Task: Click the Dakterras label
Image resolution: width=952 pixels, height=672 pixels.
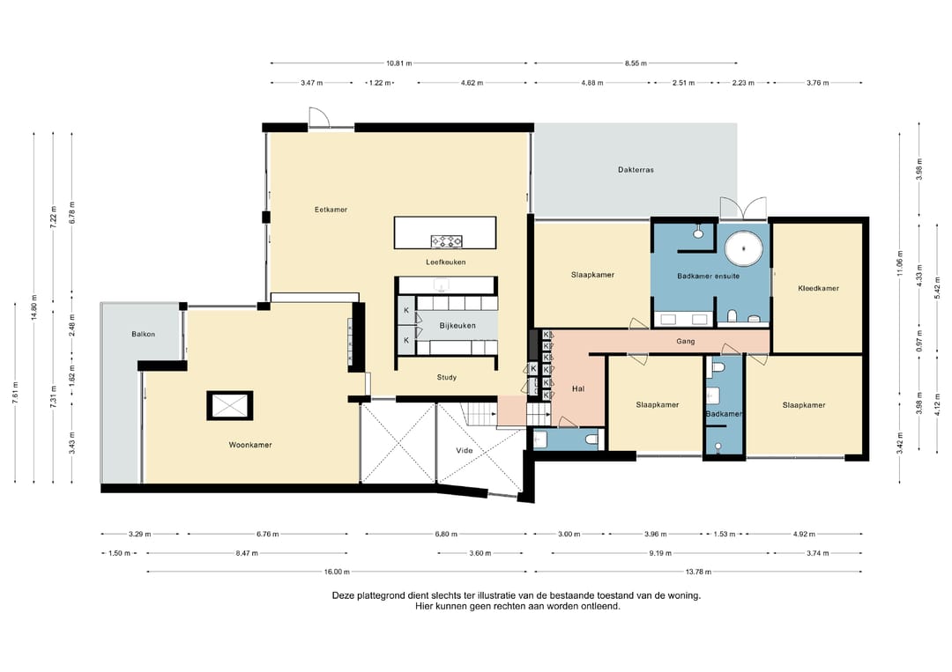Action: point(636,170)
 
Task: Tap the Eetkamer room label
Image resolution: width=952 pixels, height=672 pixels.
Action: point(331,210)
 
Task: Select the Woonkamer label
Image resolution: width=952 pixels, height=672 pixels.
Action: point(250,445)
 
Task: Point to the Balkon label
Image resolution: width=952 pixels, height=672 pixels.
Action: point(144,334)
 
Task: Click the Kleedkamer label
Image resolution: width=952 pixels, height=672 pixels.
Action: point(818,289)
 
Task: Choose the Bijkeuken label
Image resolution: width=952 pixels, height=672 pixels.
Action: point(457,326)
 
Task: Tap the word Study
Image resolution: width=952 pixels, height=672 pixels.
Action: point(446,377)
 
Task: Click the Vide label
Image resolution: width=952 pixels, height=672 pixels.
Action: point(465,451)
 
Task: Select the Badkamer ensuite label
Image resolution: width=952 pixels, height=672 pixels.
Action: point(709,276)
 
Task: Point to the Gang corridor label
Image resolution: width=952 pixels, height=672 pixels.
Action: point(686,342)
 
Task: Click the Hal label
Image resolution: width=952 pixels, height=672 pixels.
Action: point(578,388)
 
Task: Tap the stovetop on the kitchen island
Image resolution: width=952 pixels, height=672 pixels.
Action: point(446,241)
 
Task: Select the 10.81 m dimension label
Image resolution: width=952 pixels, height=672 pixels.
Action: point(399,63)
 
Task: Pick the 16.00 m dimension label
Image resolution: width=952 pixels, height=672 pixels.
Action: point(337,572)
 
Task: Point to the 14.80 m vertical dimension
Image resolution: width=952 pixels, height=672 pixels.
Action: point(34,306)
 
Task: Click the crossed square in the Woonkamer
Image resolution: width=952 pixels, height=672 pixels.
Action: point(229,406)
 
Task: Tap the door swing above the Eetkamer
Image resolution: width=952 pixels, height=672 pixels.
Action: point(319,118)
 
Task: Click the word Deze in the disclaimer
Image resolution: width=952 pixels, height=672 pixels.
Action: point(343,595)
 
